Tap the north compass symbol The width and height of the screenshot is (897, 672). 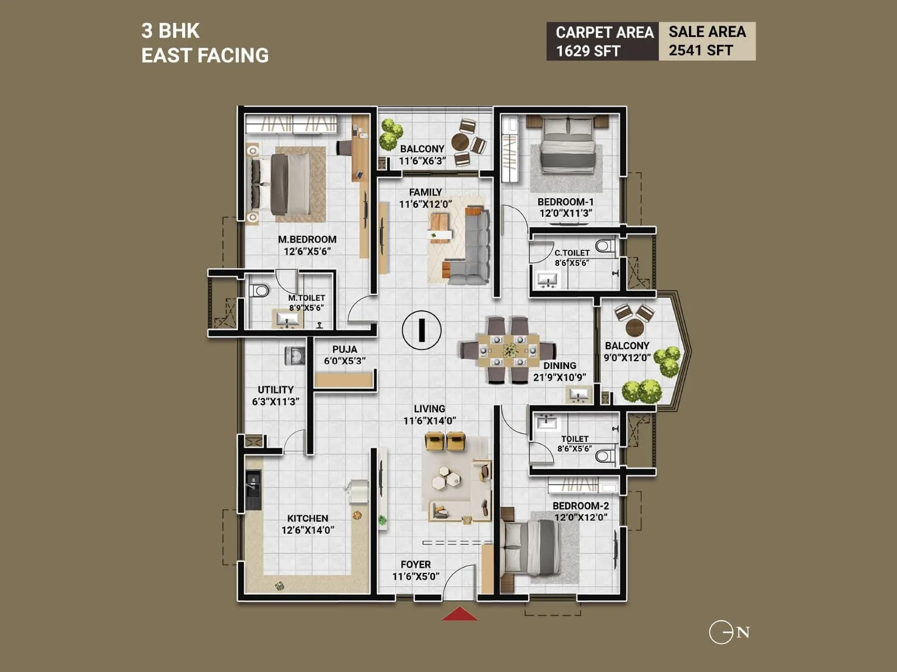coord(728,633)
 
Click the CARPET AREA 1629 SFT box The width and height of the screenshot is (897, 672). coord(603,41)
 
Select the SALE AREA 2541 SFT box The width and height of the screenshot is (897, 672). coord(707,41)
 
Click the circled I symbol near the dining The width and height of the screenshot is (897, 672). coord(422,330)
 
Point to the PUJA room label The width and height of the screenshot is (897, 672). coord(344,349)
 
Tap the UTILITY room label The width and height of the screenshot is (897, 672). coord(275,390)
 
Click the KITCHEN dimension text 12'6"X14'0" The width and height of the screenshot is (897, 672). coord(307,530)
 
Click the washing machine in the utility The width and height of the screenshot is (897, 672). coord(295,356)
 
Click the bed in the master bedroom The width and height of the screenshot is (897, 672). coord(283,185)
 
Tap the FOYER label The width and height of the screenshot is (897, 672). coord(415,564)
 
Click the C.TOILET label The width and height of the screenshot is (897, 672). coord(572,253)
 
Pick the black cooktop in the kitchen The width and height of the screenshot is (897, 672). coord(253,489)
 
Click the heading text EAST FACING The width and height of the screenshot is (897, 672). coord(205,55)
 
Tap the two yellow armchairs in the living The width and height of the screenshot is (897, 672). coord(445,441)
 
